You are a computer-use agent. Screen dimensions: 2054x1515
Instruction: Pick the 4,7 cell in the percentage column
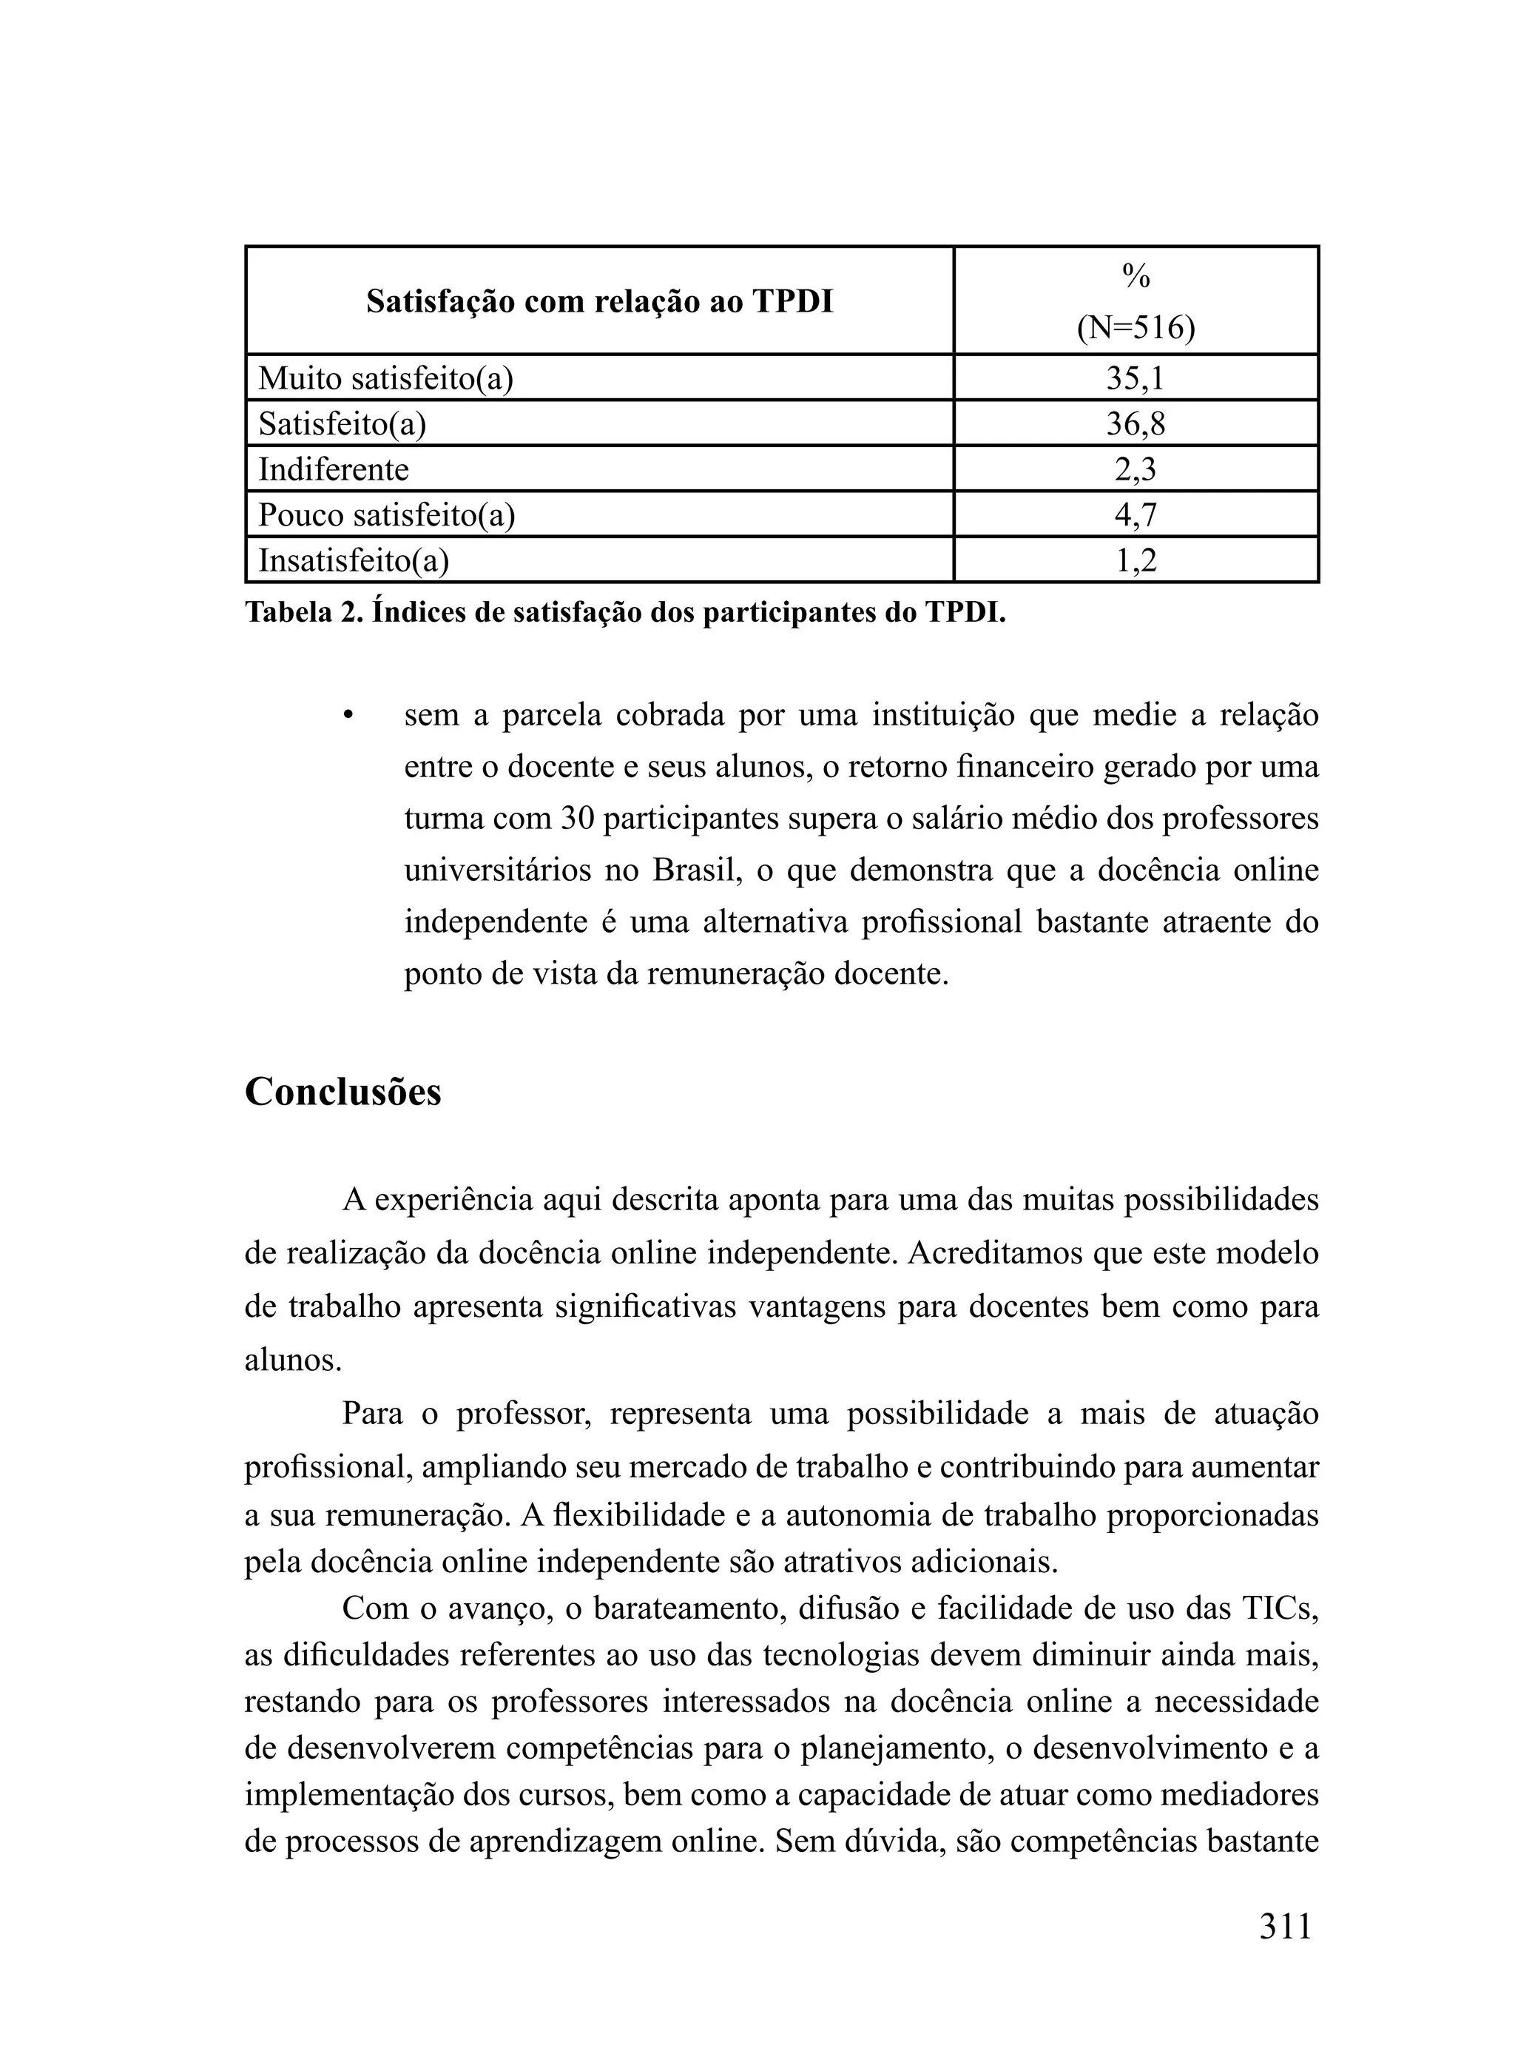click(1136, 514)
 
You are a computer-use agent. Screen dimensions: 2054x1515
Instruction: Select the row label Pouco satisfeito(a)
click(386, 514)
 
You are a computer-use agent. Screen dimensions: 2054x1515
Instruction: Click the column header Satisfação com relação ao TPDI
click(600, 301)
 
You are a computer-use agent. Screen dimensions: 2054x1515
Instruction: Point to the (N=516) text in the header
click(1136, 327)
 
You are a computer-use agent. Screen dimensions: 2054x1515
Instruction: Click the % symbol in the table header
click(1136, 275)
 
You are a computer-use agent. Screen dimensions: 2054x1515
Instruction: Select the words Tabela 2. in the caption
click(305, 612)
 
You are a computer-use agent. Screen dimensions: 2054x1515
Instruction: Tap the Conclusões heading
click(343, 1091)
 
